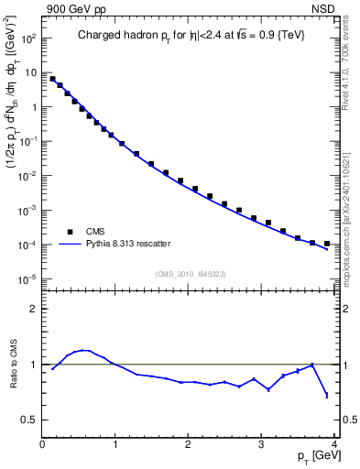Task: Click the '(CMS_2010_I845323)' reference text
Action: [x=190, y=273]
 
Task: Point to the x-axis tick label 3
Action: [x=262, y=446]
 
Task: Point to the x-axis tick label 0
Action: [x=43, y=446]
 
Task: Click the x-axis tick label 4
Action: [x=334, y=446]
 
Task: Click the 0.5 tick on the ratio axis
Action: [x=30, y=420]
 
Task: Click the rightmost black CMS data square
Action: [x=327, y=244]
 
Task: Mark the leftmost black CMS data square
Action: [x=52, y=79]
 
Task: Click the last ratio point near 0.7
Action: [x=327, y=396]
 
